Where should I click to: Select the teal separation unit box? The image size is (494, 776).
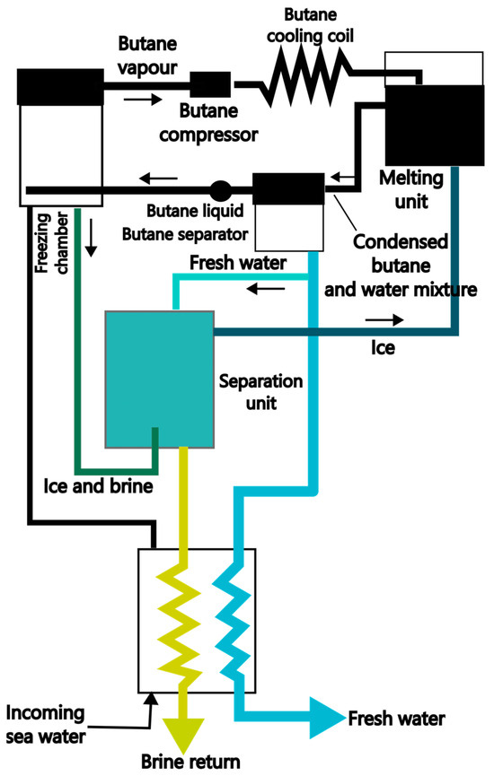coord(160,378)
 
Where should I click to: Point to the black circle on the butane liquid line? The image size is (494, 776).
coord(220,190)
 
